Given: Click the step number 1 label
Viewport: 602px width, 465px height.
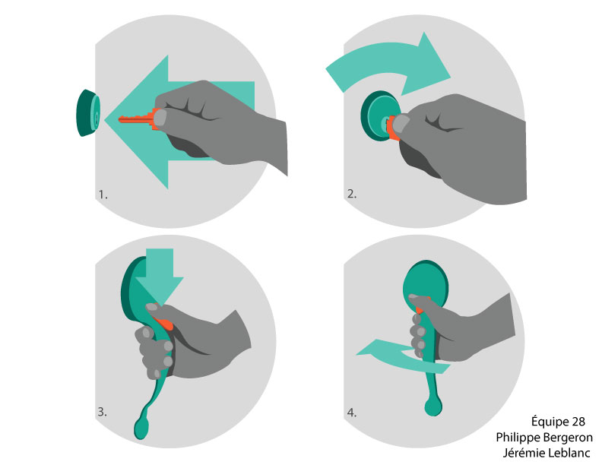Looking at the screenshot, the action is click(x=103, y=195).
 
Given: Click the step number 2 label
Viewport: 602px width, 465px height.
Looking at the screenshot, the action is click(x=352, y=194).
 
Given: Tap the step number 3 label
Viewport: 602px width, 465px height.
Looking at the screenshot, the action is click(x=102, y=412).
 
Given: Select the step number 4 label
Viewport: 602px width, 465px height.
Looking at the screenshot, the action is click(x=352, y=413).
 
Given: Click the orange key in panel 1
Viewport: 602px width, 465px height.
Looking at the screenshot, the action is click(x=138, y=119).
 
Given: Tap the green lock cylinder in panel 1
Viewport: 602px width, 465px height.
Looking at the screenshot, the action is click(x=89, y=112).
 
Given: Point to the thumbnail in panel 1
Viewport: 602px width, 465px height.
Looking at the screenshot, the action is click(x=160, y=118).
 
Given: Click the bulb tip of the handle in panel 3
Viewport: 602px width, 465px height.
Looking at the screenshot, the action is click(x=141, y=429).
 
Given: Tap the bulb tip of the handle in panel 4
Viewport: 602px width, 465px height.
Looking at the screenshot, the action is click(x=433, y=406).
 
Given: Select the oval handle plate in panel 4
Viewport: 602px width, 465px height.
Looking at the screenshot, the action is click(x=426, y=284).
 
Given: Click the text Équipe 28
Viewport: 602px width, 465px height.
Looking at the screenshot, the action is click(x=558, y=421).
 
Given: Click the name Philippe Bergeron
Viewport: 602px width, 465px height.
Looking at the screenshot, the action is click(x=544, y=437).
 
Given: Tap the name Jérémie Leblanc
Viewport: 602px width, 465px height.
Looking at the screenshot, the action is click(x=547, y=453).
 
